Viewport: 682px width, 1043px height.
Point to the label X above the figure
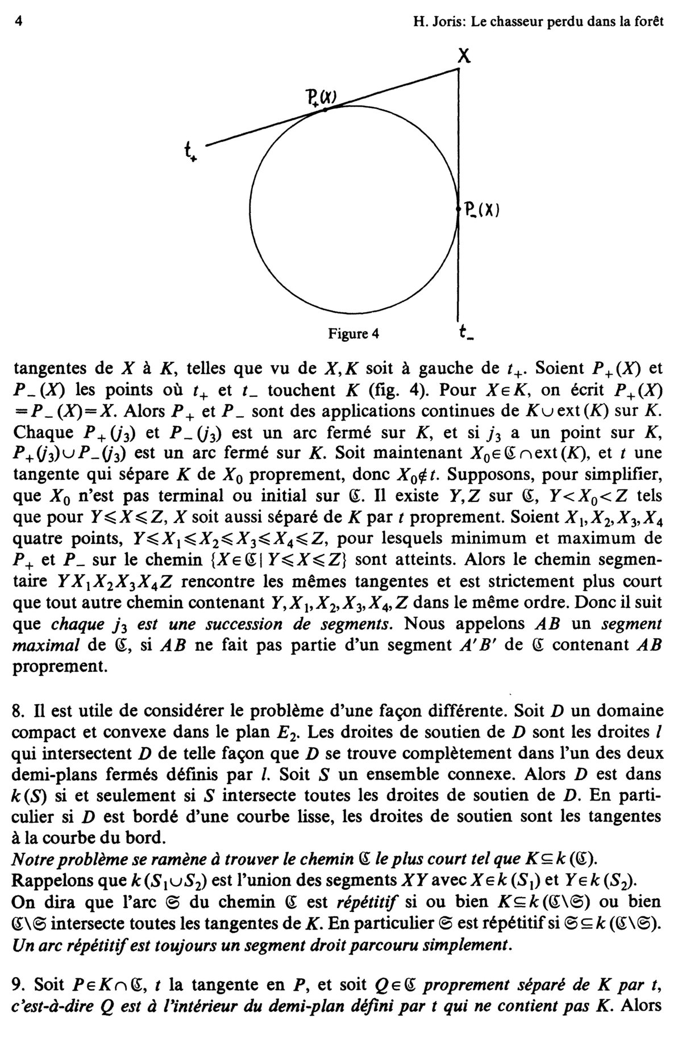pos(464,56)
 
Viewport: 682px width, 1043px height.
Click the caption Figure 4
pos(352,334)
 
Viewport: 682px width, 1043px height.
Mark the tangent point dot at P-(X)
pos(458,210)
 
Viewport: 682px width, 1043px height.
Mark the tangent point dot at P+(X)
pos(325,110)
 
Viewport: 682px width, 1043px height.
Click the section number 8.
pos(17,711)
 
